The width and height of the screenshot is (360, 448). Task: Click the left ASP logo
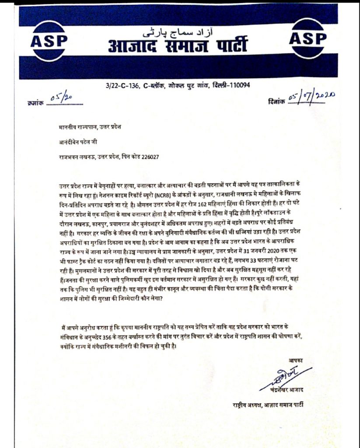click(x=49, y=40)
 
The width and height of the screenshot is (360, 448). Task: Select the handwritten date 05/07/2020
click(x=311, y=97)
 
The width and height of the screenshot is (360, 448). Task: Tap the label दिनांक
click(x=276, y=101)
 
